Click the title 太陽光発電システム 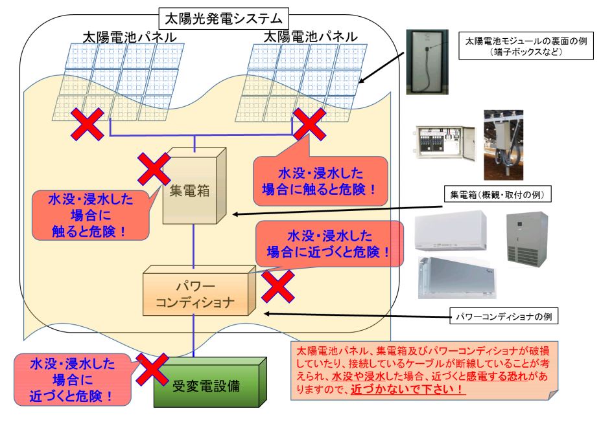coord(224,18)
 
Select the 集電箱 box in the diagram coord(194,185)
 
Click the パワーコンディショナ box coord(199,291)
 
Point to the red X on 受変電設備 coord(152,369)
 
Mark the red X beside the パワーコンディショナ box coord(278,286)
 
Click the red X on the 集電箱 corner coord(154,169)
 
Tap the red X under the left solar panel coord(88,124)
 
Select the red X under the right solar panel coord(309,124)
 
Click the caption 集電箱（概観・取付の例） coord(497,195)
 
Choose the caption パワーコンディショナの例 coord(504,316)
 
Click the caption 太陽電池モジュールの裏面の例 coord(526,41)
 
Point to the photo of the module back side coord(427,61)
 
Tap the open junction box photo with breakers coord(445,143)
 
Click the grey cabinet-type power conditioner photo coord(527,238)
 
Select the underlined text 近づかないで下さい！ coord(408,390)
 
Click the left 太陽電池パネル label coord(130,37)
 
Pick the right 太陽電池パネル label coord(311,37)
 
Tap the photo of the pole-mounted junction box coord(503,145)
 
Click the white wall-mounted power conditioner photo coord(451,231)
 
